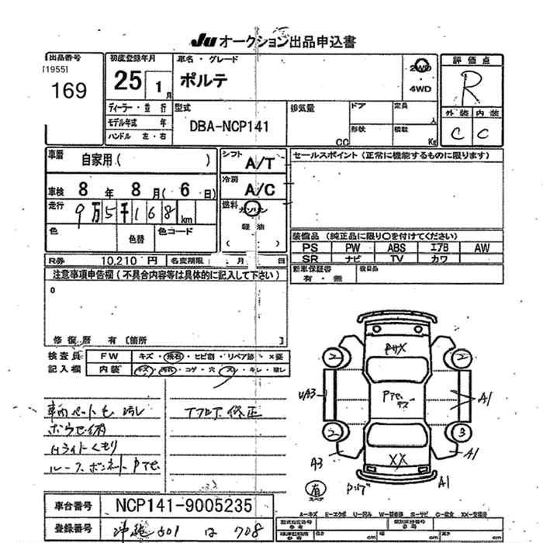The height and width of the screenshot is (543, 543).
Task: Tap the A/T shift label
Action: pyautogui.click(x=259, y=164)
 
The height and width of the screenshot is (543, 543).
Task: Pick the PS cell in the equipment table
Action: pyautogui.click(x=310, y=247)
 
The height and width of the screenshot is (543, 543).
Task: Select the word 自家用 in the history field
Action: pyautogui.click(x=96, y=161)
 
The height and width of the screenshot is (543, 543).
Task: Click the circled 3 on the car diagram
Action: pyautogui.click(x=462, y=431)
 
